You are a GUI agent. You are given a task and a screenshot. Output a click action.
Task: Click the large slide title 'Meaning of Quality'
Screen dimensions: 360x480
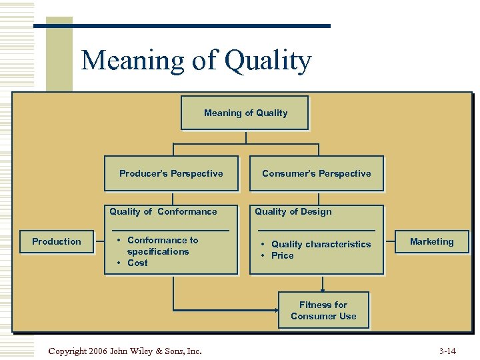196,61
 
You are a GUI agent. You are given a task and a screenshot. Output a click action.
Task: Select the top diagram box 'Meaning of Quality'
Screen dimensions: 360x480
245,113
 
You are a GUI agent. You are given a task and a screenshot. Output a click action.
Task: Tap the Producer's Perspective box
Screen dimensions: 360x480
171,173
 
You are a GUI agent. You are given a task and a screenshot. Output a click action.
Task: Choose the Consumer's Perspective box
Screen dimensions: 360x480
316,173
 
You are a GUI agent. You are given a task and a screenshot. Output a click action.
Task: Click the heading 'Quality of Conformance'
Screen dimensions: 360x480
163,211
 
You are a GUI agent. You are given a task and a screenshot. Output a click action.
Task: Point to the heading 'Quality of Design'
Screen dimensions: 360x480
293,211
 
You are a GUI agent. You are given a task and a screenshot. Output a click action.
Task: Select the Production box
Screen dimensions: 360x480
57,241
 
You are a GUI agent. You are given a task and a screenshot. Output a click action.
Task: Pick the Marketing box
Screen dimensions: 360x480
431,241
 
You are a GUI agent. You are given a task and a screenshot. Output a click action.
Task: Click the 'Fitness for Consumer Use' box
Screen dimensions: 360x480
323,310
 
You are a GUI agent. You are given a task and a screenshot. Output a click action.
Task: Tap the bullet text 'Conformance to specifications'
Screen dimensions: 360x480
161,245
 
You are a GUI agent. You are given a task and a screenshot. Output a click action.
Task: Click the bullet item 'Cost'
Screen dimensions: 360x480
137,263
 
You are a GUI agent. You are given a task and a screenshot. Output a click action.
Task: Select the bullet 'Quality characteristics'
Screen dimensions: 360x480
321,244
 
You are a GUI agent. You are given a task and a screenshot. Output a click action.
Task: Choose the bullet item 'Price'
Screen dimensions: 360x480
282,255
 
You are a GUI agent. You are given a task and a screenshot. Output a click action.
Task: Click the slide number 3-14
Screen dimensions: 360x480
447,351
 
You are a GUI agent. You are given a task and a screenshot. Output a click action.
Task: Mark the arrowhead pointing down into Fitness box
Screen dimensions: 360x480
323,289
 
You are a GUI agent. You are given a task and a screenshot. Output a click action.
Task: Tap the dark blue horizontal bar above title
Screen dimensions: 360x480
181,26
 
